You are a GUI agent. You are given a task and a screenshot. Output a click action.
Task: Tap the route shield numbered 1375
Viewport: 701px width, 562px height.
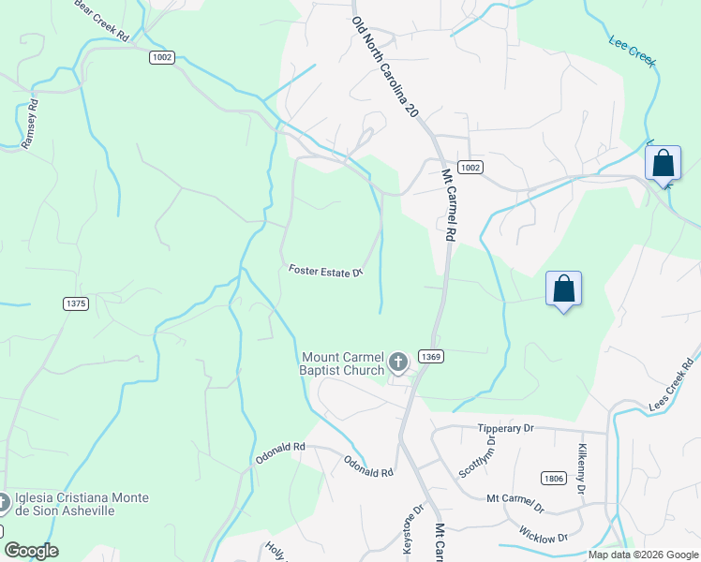(76, 303)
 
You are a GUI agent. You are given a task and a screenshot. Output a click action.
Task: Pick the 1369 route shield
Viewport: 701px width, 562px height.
(431, 356)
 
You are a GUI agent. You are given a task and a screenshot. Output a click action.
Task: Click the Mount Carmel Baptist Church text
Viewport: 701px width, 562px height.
(343, 363)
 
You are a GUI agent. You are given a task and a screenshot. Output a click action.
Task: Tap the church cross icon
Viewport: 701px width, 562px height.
(397, 362)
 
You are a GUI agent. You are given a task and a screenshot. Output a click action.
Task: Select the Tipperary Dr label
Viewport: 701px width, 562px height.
(505, 428)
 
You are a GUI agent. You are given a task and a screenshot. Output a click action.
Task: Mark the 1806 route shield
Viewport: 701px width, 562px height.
(553, 479)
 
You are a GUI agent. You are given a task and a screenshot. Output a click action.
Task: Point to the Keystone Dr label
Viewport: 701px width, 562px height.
(413, 530)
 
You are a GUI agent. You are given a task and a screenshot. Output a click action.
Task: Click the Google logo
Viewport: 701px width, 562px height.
(31, 551)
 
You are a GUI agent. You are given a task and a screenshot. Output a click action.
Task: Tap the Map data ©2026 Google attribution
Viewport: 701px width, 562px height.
(642, 555)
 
